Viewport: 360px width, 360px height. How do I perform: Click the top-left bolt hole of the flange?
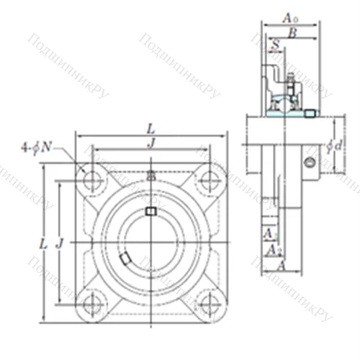(91, 178)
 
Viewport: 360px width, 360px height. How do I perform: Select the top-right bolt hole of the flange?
(208, 178)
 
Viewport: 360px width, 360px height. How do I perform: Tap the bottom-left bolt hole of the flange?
(91, 296)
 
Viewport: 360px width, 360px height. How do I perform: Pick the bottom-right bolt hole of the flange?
(208, 296)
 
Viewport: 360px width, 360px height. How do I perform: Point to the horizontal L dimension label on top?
(150, 128)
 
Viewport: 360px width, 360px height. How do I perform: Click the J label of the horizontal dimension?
(149, 144)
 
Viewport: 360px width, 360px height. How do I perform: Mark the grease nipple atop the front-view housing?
(150, 175)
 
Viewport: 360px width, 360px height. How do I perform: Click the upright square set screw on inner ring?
(150, 211)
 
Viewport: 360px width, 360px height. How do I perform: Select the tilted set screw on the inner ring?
(125, 257)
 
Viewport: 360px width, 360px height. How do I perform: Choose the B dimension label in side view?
(292, 32)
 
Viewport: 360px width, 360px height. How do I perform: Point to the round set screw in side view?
(311, 165)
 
